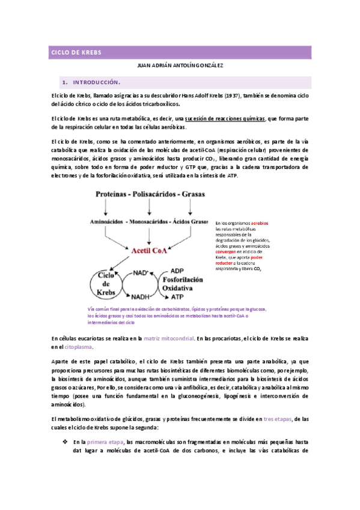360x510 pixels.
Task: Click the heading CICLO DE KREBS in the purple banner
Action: pos(76,53)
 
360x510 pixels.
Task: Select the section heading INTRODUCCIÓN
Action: pos(96,82)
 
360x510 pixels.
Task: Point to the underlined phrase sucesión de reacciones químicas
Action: pos(225,118)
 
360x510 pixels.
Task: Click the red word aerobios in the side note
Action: pos(260,223)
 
